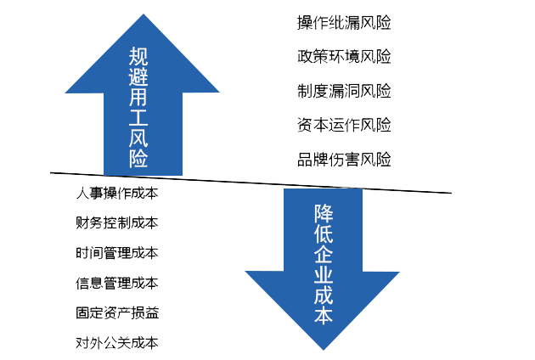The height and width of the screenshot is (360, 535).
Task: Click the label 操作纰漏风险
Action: pos(344,23)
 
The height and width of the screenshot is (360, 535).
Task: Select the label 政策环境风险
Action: pos(344,57)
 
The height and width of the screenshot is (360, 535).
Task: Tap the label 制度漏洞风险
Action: pos(344,91)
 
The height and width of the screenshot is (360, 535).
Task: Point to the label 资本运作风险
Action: pos(344,125)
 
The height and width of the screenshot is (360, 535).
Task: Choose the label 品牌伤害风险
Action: pos(344,159)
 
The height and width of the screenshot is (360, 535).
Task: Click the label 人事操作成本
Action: pos(117,193)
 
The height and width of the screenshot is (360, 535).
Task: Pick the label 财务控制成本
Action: pos(117,222)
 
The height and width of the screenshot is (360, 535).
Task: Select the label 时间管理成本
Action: pos(117,253)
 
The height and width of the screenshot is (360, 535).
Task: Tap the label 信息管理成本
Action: pos(117,283)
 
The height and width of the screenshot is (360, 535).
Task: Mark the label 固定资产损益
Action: pos(117,313)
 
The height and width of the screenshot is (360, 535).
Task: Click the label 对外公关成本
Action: pos(117,343)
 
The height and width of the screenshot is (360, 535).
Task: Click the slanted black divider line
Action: pos(212,180)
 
